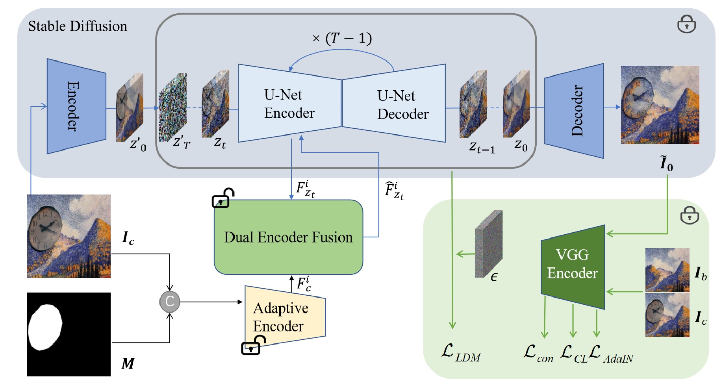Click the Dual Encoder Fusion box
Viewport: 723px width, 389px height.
tap(288, 237)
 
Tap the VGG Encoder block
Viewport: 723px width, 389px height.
tap(573, 266)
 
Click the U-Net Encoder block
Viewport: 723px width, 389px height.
tap(289, 103)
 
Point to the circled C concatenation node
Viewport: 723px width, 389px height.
tap(170, 302)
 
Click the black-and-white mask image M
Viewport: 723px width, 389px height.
tap(69, 334)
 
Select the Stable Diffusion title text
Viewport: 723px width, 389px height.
tap(78, 26)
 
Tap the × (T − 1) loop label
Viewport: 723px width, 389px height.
tap(342, 39)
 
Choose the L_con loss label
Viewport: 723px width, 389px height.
tap(538, 353)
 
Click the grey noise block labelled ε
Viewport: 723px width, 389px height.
tap(489, 244)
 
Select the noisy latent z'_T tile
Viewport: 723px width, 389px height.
tap(172, 107)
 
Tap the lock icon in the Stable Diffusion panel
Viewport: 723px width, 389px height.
tap(686, 24)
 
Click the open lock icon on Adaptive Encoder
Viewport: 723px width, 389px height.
tap(253, 345)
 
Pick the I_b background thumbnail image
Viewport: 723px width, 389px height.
tap(667, 270)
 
